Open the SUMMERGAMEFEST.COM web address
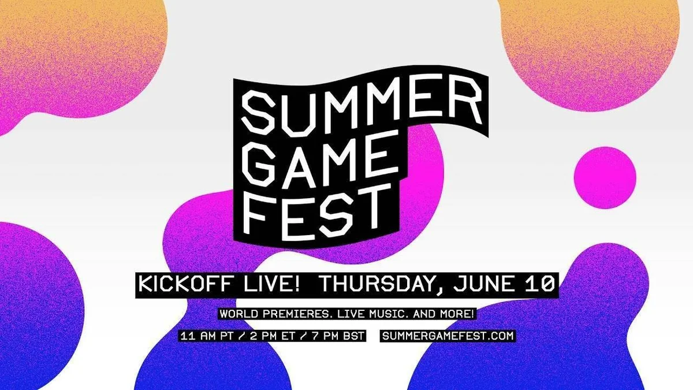(448, 336)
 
